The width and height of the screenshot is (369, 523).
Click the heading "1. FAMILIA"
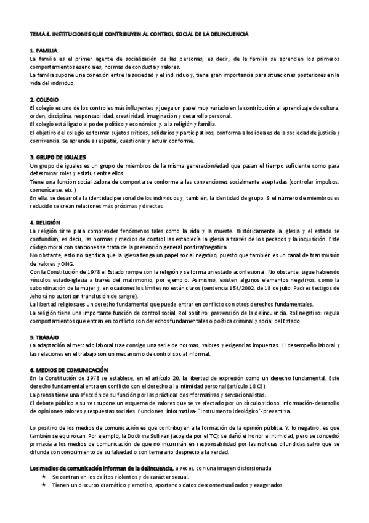(x=44, y=49)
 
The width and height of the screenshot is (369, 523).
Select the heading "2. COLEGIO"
(x=44, y=99)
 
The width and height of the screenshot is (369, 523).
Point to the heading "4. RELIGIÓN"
(x=45, y=221)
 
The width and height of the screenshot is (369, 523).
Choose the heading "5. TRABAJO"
(x=45, y=338)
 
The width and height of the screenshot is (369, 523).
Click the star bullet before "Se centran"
(x=43, y=477)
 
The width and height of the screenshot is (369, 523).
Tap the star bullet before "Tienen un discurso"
(x=43, y=485)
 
